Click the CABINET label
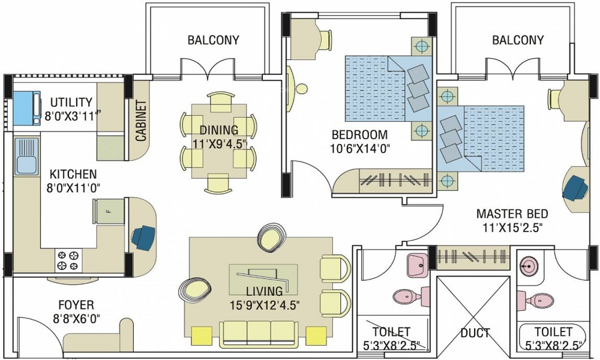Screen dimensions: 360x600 (x=141, y=119)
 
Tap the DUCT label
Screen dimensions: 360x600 (x=476, y=332)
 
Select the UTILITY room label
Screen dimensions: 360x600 (x=71, y=102)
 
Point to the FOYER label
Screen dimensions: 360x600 (x=76, y=305)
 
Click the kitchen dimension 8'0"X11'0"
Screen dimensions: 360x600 (x=73, y=188)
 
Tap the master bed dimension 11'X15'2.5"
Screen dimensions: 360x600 (x=512, y=227)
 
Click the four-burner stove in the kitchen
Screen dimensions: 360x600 (x=68, y=259)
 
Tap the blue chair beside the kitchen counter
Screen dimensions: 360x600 (x=144, y=236)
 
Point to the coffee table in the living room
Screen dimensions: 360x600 (x=263, y=278)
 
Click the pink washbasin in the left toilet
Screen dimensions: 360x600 (x=416, y=264)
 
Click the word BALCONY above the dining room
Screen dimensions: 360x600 (x=213, y=40)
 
